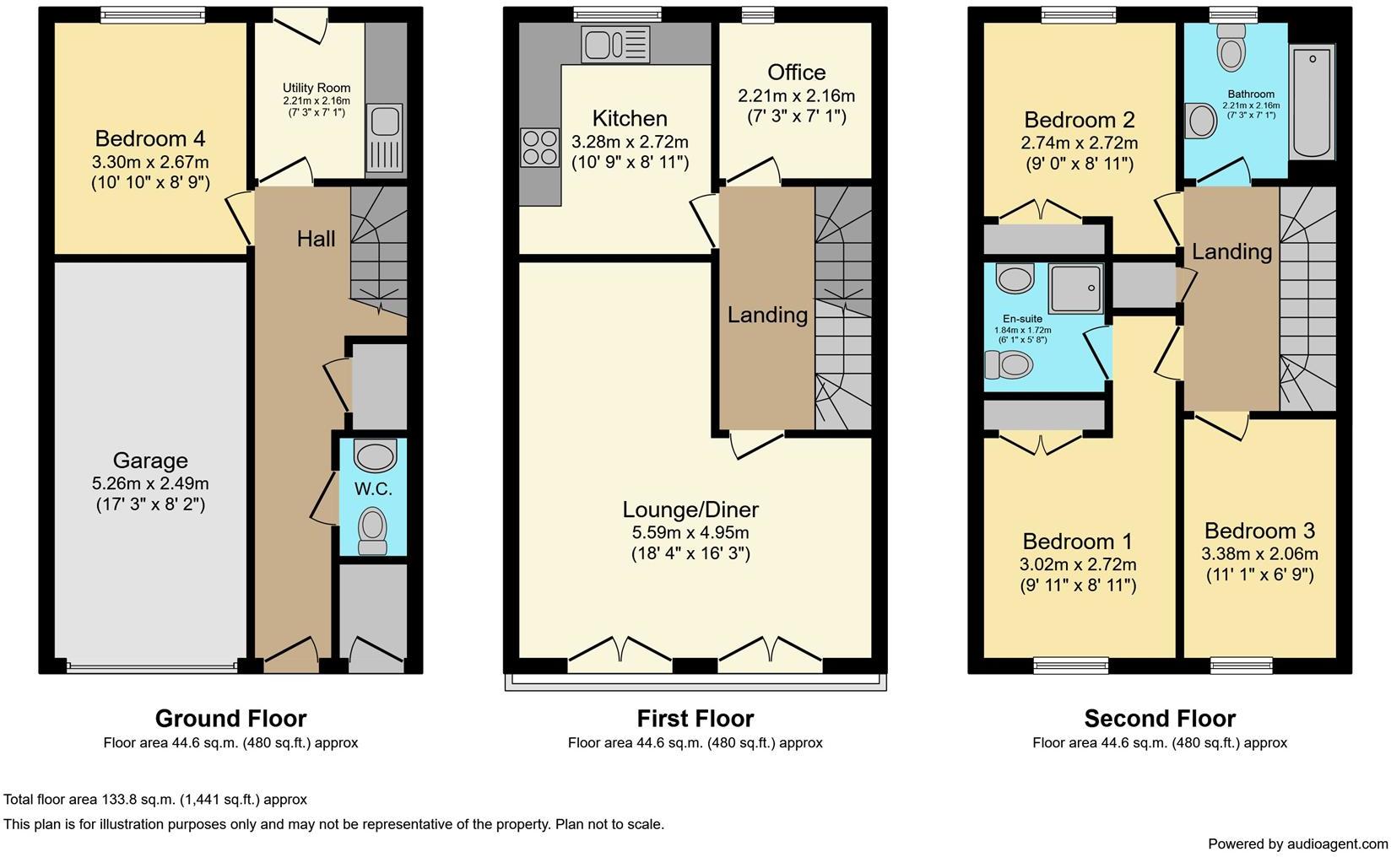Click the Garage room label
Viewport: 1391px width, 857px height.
[x=150, y=461]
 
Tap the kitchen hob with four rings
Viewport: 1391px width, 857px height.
[x=539, y=147]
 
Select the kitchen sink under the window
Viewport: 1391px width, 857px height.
[x=616, y=44]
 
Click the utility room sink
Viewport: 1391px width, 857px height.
[x=385, y=137]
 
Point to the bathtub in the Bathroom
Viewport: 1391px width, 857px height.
[x=1312, y=101]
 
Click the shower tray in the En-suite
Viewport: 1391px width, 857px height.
[x=1076, y=288]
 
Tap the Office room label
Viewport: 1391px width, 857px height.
[x=797, y=73]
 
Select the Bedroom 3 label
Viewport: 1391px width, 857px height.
[x=1260, y=531]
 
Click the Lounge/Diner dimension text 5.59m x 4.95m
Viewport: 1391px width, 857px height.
[x=690, y=532]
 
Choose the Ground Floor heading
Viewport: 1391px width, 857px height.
[x=231, y=719]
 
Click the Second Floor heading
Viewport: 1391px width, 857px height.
[x=1160, y=719]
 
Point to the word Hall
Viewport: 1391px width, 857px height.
[x=316, y=239]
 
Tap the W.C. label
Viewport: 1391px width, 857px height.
[x=373, y=489]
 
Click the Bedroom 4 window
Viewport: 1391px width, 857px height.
[x=154, y=15]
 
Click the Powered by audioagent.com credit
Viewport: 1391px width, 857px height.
[x=1298, y=844]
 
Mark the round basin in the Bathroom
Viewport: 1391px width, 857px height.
[x=1201, y=121]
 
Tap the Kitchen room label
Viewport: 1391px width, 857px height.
[x=630, y=119]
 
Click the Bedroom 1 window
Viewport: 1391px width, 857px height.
[x=1071, y=666]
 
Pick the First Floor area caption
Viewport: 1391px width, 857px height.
[x=695, y=743]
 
